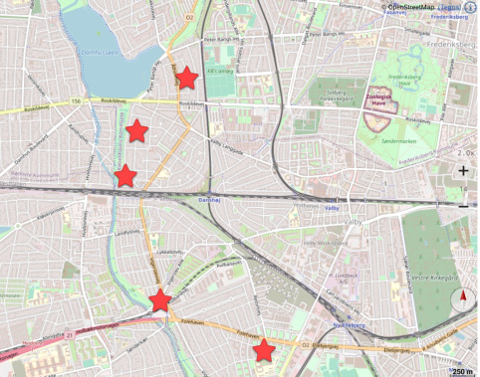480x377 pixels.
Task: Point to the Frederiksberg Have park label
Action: (x=406, y=80)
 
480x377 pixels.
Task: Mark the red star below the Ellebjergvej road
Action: (x=264, y=350)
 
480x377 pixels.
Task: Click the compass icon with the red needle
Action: (x=464, y=301)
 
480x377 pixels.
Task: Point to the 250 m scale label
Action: (x=461, y=371)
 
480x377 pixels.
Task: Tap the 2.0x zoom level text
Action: (x=464, y=154)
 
